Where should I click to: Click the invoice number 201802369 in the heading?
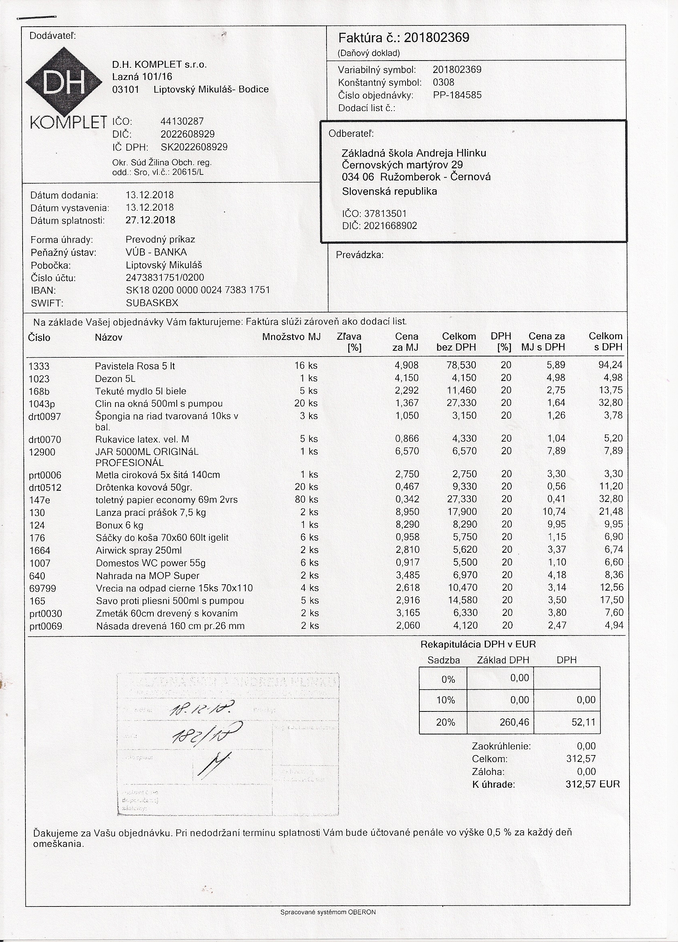(436, 38)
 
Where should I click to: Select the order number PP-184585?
(457, 95)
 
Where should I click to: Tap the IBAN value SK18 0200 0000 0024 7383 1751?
(198, 290)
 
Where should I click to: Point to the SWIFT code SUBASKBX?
(152, 303)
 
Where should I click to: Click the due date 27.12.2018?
(150, 220)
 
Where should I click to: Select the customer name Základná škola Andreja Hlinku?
(414, 153)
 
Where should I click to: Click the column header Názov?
(109, 337)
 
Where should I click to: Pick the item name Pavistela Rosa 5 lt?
(135, 366)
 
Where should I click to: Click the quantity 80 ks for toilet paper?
(306, 499)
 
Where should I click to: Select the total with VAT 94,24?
(611, 365)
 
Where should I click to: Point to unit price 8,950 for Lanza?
(407, 512)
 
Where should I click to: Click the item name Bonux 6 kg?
(119, 525)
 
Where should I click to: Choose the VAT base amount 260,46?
(515, 722)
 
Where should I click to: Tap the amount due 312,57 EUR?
(592, 784)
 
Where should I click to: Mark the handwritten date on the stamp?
(201, 710)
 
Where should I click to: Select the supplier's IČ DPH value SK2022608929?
(194, 147)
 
